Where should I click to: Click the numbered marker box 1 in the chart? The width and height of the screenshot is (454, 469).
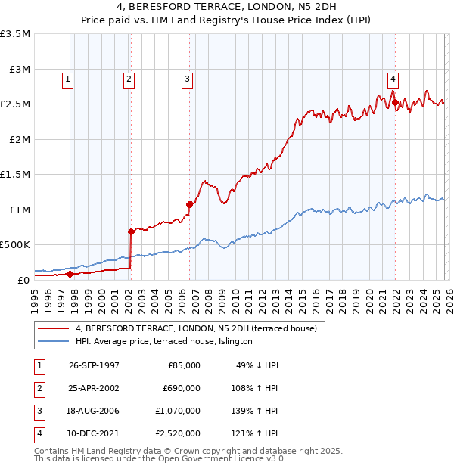click(67, 78)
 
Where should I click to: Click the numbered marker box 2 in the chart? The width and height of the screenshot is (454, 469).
click(129, 78)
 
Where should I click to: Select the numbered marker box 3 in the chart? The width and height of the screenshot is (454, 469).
click(187, 78)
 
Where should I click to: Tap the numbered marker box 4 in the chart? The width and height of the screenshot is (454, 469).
click(393, 78)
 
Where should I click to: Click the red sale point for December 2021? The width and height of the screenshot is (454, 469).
click(394, 103)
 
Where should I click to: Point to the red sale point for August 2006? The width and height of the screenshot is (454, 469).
click(190, 204)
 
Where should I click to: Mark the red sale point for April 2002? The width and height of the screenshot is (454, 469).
click(131, 231)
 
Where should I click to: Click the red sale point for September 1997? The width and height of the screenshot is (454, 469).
click(70, 274)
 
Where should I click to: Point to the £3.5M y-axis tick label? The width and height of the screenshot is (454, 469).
click(15, 34)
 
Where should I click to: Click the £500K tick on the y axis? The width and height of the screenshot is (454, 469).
click(15, 245)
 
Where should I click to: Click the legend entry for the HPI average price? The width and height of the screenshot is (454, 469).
click(163, 342)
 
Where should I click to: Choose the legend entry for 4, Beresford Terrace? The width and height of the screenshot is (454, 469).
click(201, 328)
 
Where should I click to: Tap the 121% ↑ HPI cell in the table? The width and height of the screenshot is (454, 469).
click(258, 433)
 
